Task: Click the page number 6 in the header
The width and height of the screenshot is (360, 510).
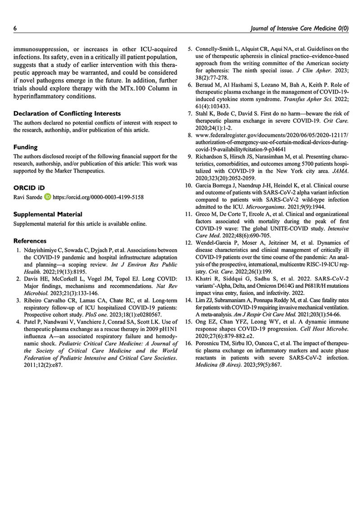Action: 15,28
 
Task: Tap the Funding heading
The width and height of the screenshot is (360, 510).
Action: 26,147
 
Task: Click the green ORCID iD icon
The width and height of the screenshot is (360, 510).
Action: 48,197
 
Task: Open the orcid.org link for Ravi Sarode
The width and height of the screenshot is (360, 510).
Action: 98,197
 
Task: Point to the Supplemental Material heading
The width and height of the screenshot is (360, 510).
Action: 48,214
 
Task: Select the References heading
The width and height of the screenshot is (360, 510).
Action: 30,241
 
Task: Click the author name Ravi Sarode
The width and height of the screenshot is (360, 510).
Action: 28,197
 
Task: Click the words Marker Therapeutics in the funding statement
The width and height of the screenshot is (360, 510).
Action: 81,171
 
